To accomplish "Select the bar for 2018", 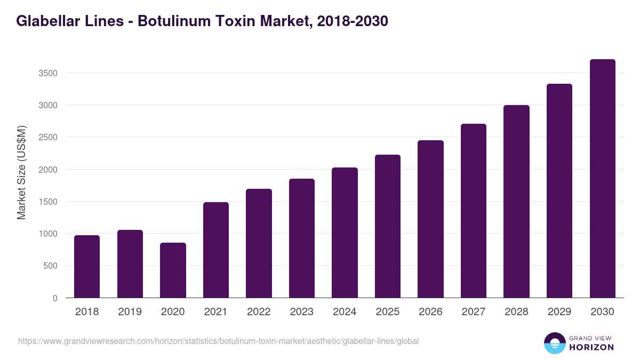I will tap(87, 267).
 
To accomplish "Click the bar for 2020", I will tap(173, 270).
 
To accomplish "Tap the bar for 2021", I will tap(216, 250).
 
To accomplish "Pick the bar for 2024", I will tap(345, 233).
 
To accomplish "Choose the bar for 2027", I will tap(474, 211).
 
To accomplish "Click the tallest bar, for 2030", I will tap(602, 179).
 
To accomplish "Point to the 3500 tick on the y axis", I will tap(49, 73).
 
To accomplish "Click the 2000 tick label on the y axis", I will tap(49, 170).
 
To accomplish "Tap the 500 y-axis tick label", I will tap(51, 266).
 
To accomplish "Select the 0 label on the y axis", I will tap(55, 298).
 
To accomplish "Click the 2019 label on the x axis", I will tap(130, 312).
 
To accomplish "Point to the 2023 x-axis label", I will tap(301, 312).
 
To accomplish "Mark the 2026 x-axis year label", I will tap(430, 312).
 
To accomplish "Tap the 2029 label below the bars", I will tap(559, 312).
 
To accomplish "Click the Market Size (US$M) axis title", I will tap(21, 172).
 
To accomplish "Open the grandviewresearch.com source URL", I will tap(218, 341).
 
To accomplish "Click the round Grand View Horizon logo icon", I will tap(554, 343).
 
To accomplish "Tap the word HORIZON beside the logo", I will tap(591, 347).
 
